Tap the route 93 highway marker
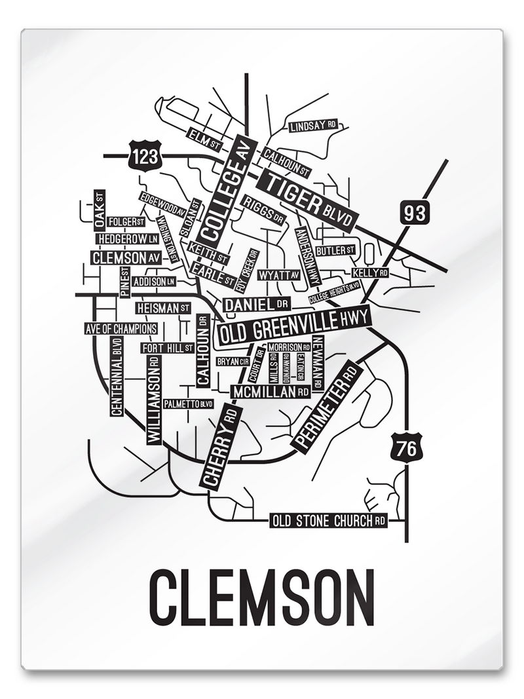pos(414,212)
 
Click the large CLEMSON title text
pos(262,597)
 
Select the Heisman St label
pos(163,307)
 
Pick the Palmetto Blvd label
pos(189,404)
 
